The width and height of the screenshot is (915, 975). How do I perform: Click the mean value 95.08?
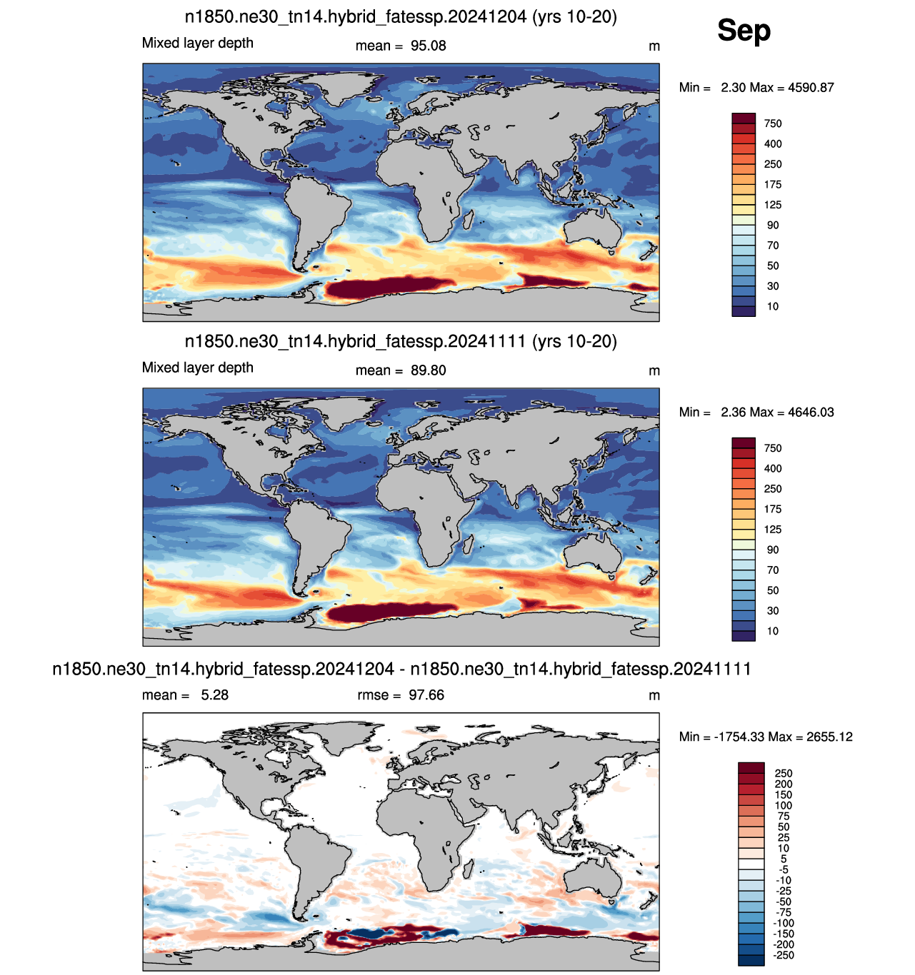[428, 46]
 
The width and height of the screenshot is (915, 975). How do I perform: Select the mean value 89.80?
[428, 370]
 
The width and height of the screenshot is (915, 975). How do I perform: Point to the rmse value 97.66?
[426, 695]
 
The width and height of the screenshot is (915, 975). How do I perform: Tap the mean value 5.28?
[215, 695]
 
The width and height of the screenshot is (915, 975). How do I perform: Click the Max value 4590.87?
[811, 87]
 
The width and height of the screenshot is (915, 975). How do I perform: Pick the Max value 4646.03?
[811, 412]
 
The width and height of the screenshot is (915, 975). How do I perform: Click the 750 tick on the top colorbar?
[772, 123]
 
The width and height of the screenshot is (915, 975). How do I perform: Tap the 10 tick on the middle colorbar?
[772, 631]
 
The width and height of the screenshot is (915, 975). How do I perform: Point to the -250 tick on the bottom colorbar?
[783, 955]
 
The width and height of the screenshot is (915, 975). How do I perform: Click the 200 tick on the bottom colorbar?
[784, 784]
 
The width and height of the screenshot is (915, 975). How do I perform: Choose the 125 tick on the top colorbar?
[772, 205]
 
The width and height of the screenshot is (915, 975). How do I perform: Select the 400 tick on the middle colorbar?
[772, 468]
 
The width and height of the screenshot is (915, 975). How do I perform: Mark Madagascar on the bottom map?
[469, 872]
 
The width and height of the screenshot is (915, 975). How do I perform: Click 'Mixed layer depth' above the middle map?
[198, 368]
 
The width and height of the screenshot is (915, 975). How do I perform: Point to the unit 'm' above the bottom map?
[654, 696]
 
